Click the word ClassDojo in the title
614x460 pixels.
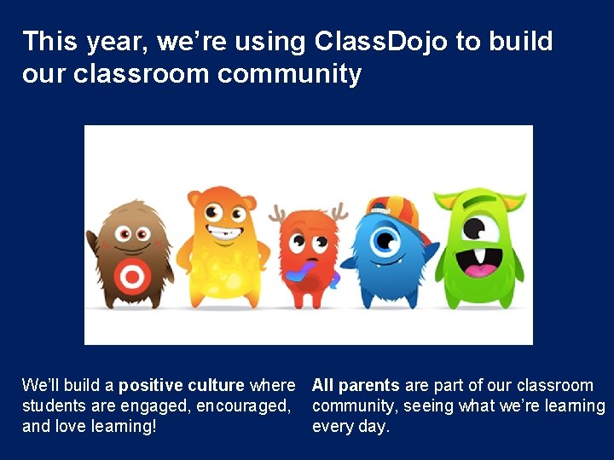382,41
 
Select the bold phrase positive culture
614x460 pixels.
181,385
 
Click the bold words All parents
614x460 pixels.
356,385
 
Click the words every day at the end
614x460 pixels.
350,426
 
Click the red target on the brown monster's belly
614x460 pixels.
131,276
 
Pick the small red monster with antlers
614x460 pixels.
308,256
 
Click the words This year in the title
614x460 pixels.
72,41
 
